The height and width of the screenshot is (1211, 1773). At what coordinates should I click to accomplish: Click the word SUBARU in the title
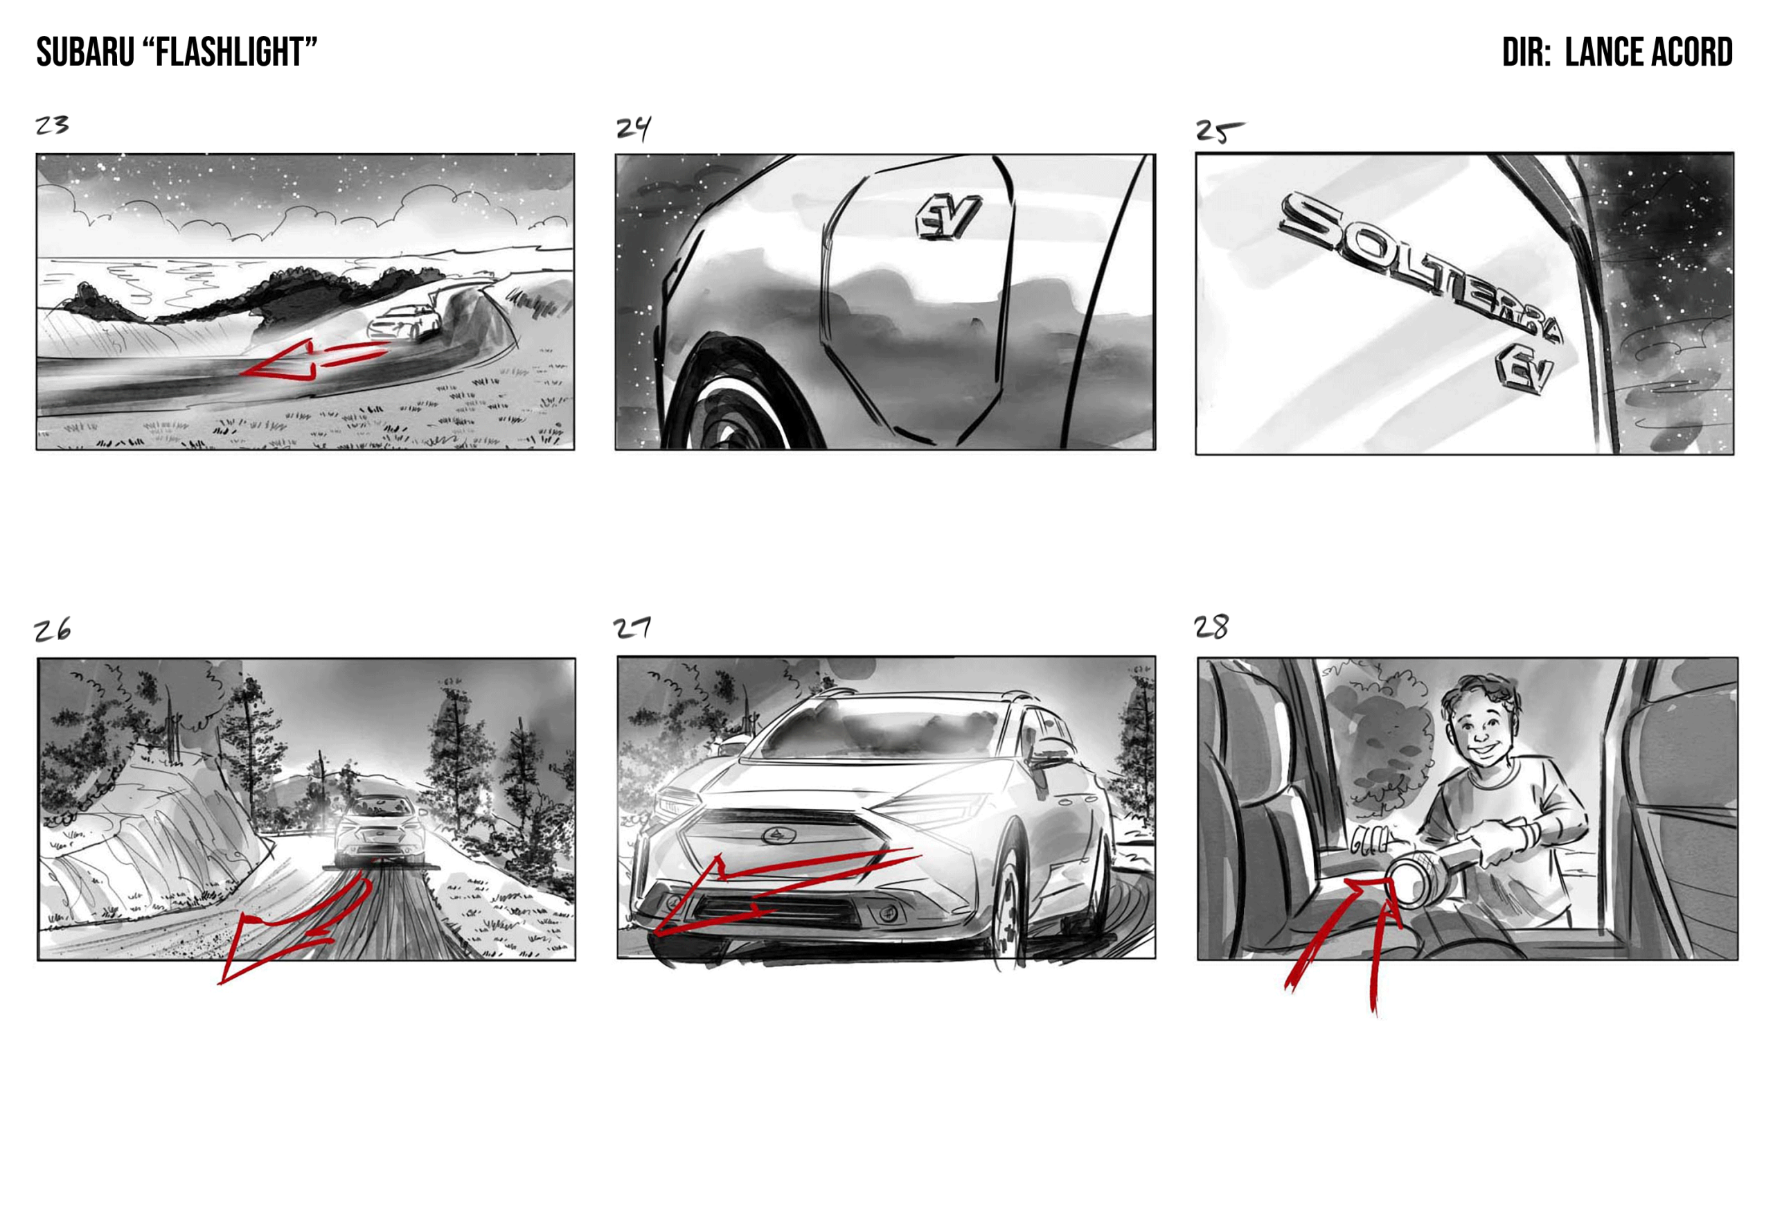[x=85, y=53]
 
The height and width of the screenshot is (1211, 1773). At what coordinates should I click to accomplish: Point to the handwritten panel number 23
[x=52, y=125]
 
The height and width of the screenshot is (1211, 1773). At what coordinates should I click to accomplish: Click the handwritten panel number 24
[x=634, y=128]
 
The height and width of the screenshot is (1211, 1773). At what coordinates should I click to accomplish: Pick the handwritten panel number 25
[x=1218, y=131]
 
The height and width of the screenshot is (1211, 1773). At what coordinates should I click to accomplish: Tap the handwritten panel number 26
[x=52, y=630]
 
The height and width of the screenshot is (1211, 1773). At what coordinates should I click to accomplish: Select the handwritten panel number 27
[x=632, y=628]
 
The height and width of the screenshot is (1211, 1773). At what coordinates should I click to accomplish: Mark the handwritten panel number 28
[x=1211, y=627]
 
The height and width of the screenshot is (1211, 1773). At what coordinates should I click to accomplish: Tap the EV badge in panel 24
[x=947, y=217]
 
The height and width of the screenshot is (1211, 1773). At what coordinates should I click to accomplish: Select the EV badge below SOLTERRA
[x=1524, y=368]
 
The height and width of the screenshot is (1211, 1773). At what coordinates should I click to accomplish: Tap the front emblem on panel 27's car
[x=778, y=836]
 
